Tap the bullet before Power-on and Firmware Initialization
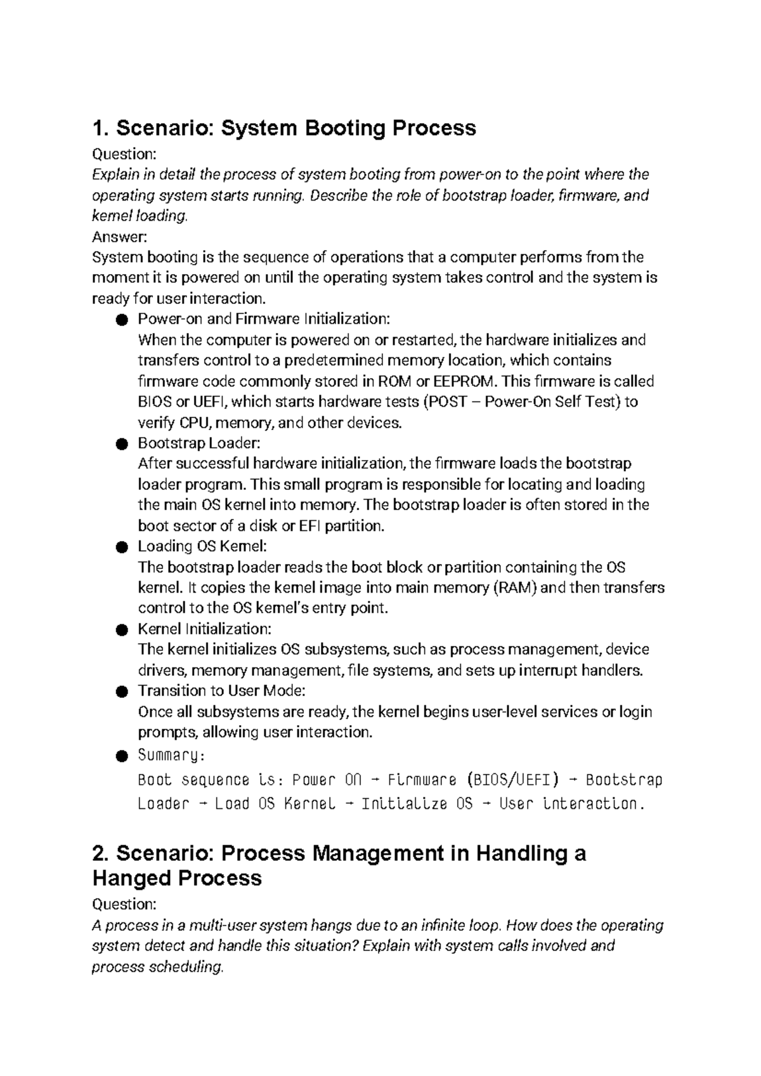pos(122,320)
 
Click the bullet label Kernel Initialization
pos(205,629)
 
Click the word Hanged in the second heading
pos(129,878)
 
